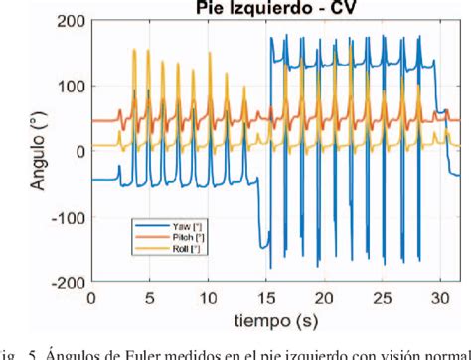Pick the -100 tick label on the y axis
[x=65, y=217]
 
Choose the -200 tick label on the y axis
[x=65, y=282]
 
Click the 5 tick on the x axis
[x=150, y=298]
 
